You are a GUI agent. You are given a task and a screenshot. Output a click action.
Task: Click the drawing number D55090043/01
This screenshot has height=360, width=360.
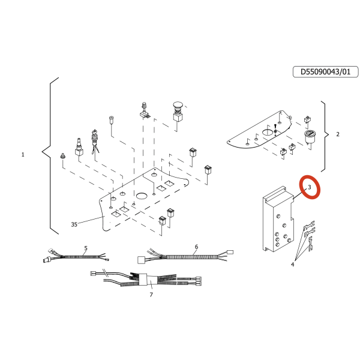pyautogui.click(x=325, y=72)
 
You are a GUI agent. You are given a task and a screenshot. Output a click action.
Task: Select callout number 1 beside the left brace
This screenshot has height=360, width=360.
pyautogui.click(x=23, y=155)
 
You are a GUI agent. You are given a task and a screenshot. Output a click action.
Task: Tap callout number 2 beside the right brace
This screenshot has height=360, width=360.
pyautogui.click(x=337, y=134)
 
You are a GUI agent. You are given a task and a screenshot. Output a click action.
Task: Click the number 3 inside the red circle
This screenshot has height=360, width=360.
pyautogui.click(x=309, y=187)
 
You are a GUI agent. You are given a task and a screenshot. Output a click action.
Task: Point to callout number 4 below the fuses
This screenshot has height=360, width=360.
pyautogui.click(x=293, y=265)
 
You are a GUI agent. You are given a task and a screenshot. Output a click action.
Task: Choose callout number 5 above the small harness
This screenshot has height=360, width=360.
pyautogui.click(x=86, y=248)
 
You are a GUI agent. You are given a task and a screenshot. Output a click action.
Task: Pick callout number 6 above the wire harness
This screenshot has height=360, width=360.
pyautogui.click(x=196, y=247)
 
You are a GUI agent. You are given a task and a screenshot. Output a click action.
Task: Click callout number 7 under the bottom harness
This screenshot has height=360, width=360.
pyautogui.click(x=151, y=295)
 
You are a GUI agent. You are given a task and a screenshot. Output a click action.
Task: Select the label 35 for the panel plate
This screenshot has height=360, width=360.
pyautogui.click(x=74, y=224)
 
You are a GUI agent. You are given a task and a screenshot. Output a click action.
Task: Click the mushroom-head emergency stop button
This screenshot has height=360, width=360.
pyautogui.click(x=178, y=112)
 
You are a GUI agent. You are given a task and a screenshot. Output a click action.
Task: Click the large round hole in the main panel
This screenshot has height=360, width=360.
pyautogui.click(x=142, y=196)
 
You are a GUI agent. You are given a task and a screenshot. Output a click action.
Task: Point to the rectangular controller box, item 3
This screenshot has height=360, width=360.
pyautogui.click(x=278, y=220)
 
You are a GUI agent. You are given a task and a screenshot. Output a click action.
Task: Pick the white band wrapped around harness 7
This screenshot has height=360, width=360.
pyautogui.click(x=148, y=279)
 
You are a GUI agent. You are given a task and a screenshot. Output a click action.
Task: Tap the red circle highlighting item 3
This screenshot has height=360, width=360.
pyautogui.click(x=310, y=187)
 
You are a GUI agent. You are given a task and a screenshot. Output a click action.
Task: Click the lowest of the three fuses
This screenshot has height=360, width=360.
pyautogui.click(x=311, y=244)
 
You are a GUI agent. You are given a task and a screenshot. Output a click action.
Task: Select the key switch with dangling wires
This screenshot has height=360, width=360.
pyautogui.click(x=95, y=141)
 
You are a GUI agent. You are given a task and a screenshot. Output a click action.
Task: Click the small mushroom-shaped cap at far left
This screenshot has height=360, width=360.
pyautogui.click(x=62, y=156)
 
